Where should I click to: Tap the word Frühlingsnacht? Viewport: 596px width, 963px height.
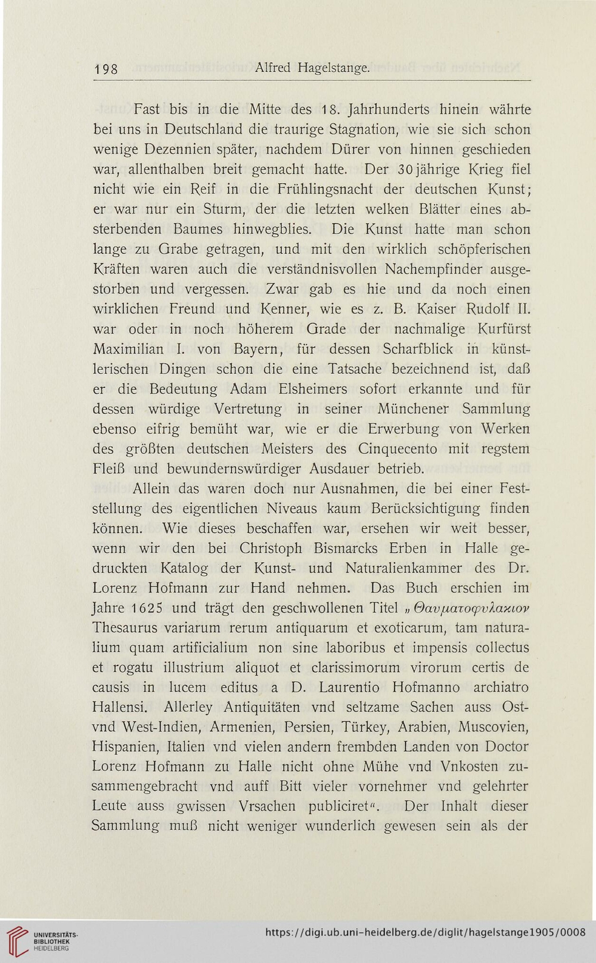[x=325, y=189]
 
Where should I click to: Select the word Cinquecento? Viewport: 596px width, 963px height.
[x=399, y=448]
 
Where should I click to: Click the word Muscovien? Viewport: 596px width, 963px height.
[x=494, y=727]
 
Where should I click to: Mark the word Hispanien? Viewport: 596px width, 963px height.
[x=126, y=747]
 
